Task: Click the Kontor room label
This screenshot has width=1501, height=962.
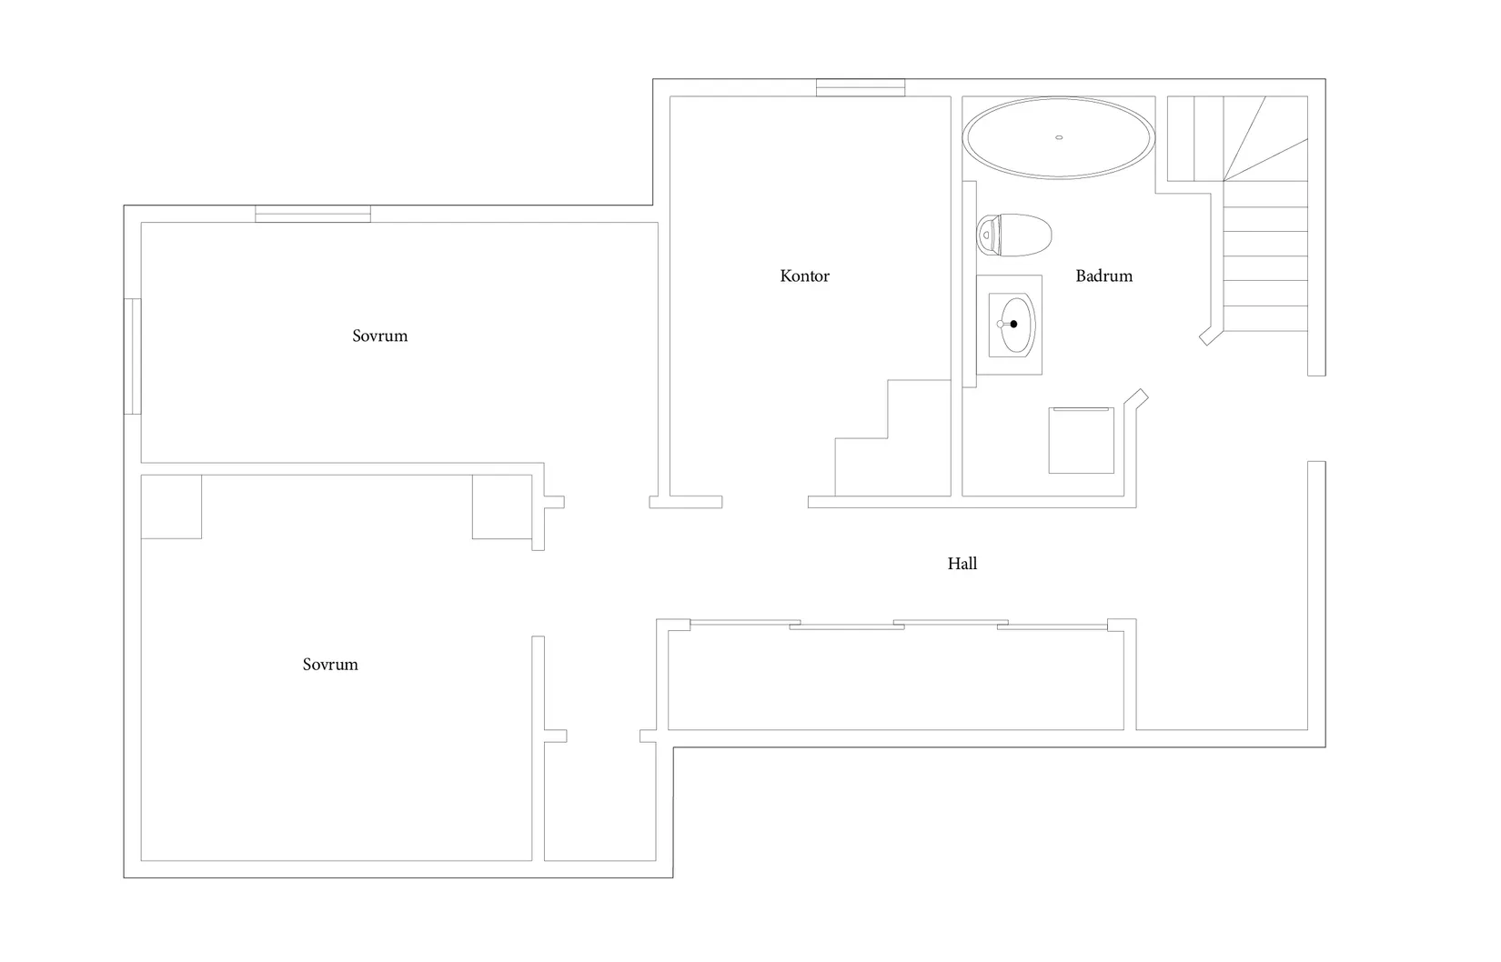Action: pyautogui.click(x=804, y=276)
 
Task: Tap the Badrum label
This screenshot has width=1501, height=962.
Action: pyautogui.click(x=1103, y=276)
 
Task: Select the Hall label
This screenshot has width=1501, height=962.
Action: pyautogui.click(x=962, y=564)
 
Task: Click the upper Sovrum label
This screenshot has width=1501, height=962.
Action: pyautogui.click(x=380, y=336)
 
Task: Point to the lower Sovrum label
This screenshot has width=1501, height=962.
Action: pyautogui.click(x=330, y=665)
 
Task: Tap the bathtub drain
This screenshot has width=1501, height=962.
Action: pyautogui.click(x=1059, y=138)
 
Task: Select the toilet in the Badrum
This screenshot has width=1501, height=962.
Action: pyautogui.click(x=1013, y=235)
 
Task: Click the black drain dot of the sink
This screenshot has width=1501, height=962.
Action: pyautogui.click(x=1013, y=325)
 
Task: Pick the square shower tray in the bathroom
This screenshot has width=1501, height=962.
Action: pyautogui.click(x=1082, y=440)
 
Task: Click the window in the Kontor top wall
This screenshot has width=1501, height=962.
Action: pyautogui.click(x=861, y=88)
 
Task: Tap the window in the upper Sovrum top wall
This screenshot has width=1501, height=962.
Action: pyautogui.click(x=313, y=214)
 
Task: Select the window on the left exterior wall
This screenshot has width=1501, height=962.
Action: pyautogui.click(x=133, y=356)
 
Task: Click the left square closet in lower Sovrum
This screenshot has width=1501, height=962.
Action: pyautogui.click(x=172, y=507)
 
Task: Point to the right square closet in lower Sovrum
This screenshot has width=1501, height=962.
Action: pyautogui.click(x=502, y=507)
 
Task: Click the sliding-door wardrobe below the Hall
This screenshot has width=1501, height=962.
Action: pyautogui.click(x=896, y=676)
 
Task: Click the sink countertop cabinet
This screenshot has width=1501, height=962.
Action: pyautogui.click(x=1009, y=325)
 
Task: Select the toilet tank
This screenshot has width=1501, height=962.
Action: pyautogui.click(x=984, y=235)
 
